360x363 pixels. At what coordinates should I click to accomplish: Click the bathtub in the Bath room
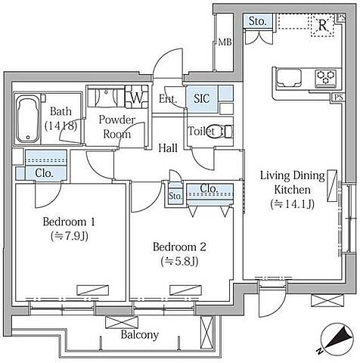pos(28,119)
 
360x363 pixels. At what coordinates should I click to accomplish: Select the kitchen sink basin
pos(289,78)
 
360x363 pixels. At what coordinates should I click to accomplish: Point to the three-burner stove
pos(326,77)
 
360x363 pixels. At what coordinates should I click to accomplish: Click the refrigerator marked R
pos(322,25)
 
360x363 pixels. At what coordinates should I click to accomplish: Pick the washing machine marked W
pos(137,98)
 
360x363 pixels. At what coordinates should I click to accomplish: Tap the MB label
pos(225,42)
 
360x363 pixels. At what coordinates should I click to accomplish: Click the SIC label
pos(202,98)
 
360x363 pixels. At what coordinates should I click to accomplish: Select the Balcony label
pos(140,335)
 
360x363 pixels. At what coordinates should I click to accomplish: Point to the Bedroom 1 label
pos(69,222)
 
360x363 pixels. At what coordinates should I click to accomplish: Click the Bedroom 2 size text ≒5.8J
pos(179,262)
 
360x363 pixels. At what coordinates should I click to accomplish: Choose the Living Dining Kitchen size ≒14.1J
pos(293,204)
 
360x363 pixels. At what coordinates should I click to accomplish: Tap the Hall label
pos(168,148)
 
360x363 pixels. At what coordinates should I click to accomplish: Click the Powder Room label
pos(117,127)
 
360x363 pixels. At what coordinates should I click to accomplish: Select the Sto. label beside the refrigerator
pos(258,21)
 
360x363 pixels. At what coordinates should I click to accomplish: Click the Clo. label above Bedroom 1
pos(45,173)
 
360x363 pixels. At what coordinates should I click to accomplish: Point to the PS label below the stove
pos(339,97)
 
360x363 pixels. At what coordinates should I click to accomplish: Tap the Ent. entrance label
pos(168,98)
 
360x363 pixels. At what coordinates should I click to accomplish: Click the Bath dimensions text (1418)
pos(61,126)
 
